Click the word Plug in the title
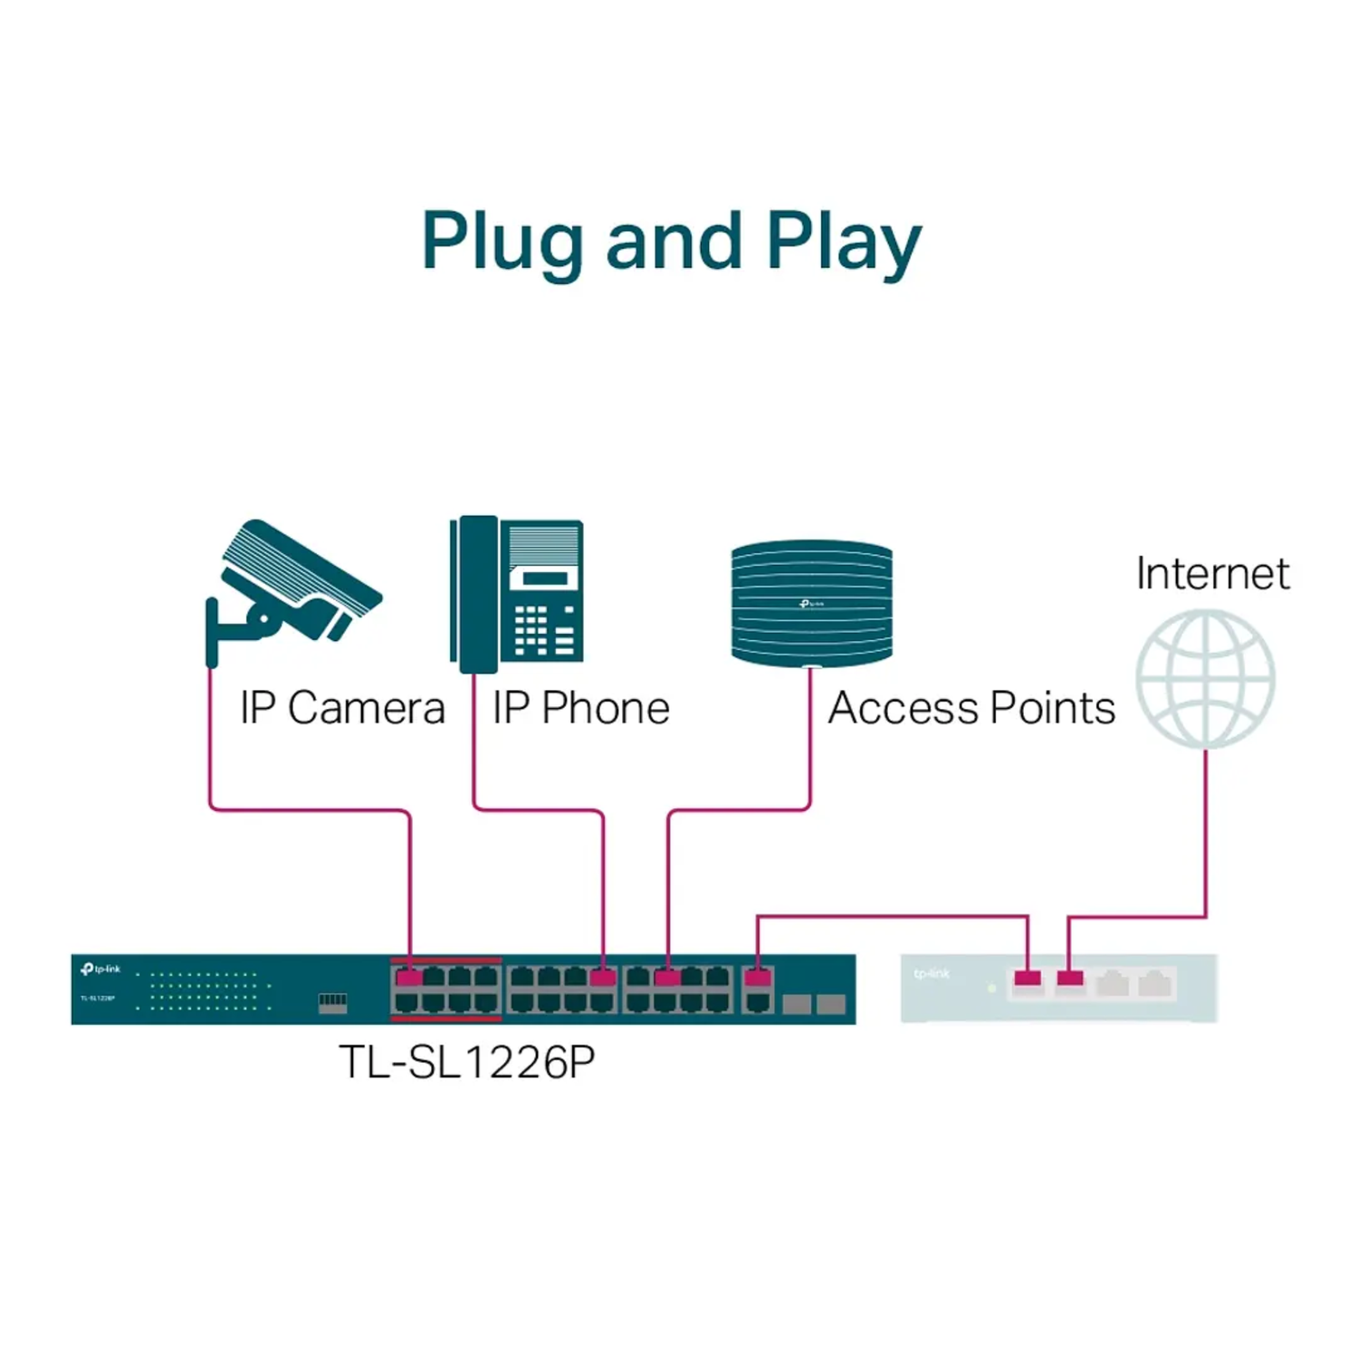click(502, 243)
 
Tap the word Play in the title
click(843, 243)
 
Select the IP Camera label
click(342, 708)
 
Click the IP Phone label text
click(580, 708)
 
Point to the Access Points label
click(971, 708)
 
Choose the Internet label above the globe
click(1212, 574)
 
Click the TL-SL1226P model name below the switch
click(466, 1062)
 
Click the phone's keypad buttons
click(543, 630)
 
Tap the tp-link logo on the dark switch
click(100, 970)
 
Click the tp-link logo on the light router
click(932, 974)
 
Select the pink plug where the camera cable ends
click(409, 978)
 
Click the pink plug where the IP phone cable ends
click(602, 978)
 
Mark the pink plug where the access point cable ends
click(667, 978)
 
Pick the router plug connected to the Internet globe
click(1070, 979)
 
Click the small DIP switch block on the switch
click(332, 1000)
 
